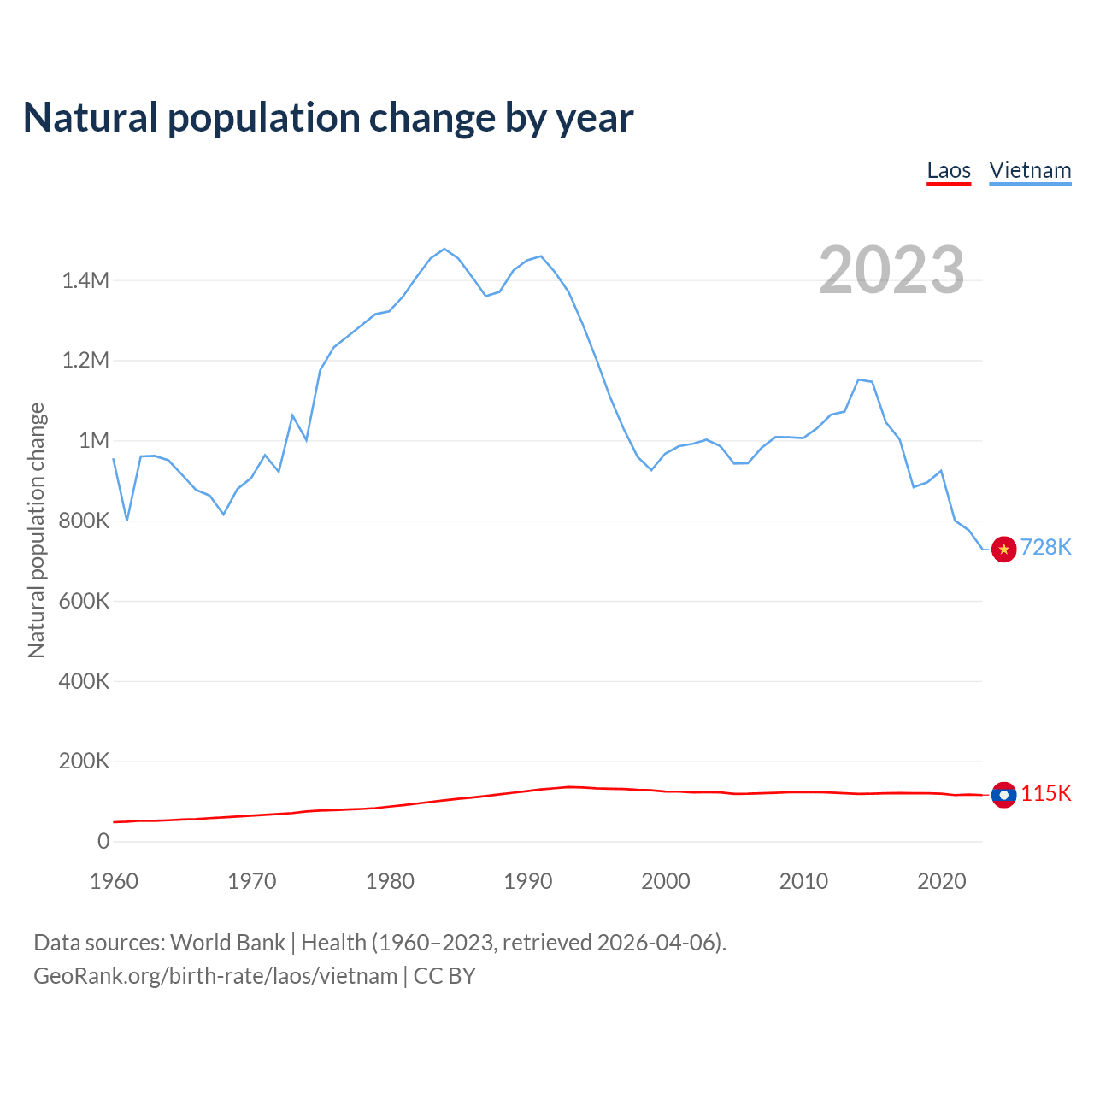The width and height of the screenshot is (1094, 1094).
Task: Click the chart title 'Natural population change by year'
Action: coord(328,118)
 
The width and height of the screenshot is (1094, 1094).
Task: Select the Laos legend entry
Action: coord(949,170)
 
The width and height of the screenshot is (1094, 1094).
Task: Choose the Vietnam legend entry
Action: coord(1030,170)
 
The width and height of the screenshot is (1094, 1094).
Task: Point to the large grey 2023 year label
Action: coord(891,270)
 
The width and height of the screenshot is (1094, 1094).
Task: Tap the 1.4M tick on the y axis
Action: coord(85,280)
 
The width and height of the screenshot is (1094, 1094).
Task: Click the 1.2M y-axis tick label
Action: coord(85,360)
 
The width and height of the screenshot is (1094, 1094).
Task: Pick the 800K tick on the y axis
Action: coord(84,521)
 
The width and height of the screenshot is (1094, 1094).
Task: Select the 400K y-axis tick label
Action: coord(84,681)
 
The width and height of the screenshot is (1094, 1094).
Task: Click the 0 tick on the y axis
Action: coord(103,841)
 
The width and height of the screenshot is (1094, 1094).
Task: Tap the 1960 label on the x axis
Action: coord(114,881)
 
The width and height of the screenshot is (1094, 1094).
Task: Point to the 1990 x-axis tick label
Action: coord(527,881)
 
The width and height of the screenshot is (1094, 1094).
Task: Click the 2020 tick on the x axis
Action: coord(941,881)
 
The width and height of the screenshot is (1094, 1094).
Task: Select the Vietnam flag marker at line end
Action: coord(1003,550)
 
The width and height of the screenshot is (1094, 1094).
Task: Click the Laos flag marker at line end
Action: coord(1003,795)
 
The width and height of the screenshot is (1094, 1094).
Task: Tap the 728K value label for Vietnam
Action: coord(1046,547)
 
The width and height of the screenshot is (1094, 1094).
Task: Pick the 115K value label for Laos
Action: coord(1046,793)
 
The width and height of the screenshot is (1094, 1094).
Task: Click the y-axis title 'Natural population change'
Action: coord(37,530)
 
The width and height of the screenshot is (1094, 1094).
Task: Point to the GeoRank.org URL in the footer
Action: coord(215,976)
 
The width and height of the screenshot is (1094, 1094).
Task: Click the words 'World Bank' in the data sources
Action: coord(227,943)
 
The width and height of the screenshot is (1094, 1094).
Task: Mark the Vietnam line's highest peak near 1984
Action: coord(444,249)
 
